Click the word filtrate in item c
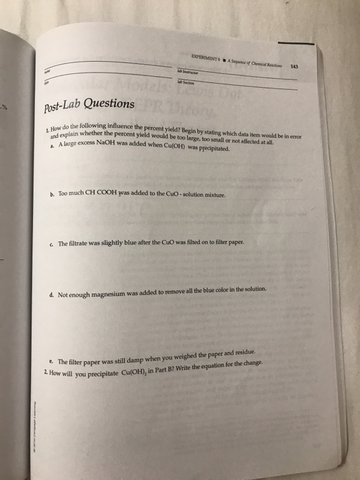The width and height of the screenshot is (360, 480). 82,243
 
